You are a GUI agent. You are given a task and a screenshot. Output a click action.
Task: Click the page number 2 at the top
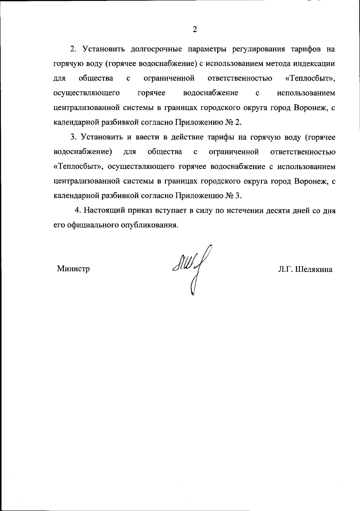195,29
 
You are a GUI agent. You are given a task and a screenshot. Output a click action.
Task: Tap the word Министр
73,269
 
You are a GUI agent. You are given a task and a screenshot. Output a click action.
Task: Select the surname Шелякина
314,269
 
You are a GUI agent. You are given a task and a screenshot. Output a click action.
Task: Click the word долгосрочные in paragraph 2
156,49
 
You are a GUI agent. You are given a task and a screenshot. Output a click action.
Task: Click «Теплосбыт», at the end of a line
310,79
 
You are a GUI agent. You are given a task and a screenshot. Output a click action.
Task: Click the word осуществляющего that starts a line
87,93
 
